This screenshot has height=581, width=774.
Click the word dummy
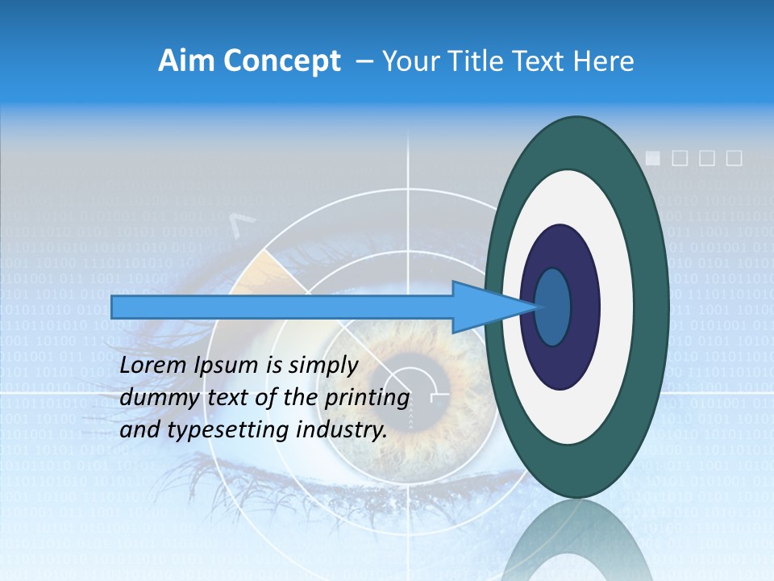click(x=149, y=398)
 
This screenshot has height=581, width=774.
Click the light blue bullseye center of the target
click(x=552, y=307)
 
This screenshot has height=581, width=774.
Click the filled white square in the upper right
click(x=654, y=158)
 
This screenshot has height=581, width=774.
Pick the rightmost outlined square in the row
click(x=734, y=158)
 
